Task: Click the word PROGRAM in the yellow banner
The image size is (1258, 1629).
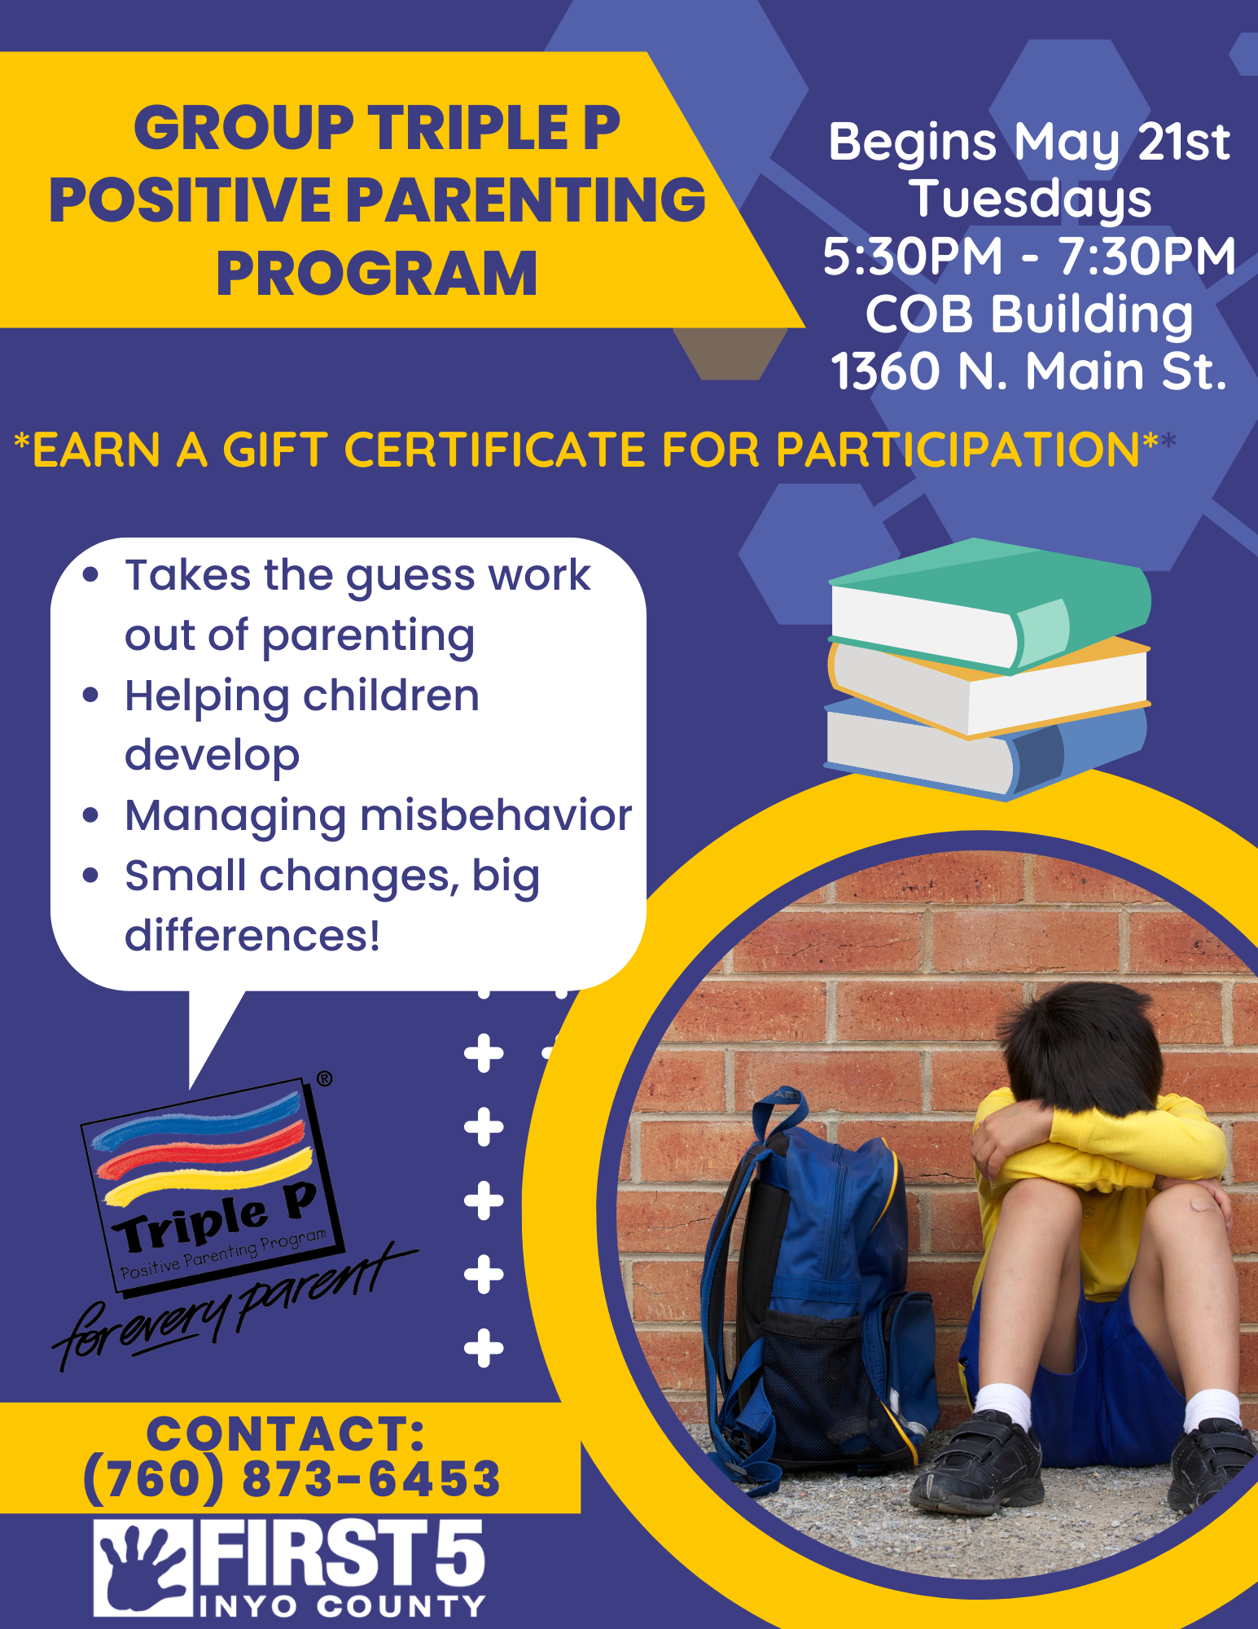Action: pos(376,274)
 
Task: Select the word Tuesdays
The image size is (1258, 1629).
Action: pos(1030,200)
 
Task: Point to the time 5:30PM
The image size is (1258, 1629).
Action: pos(913,256)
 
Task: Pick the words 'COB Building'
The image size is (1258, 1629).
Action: pos(1029,315)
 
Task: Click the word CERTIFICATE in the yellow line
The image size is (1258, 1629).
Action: pos(496,450)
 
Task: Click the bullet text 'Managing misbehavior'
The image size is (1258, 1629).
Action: pos(378,816)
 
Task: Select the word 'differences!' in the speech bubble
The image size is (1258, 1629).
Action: pos(252,935)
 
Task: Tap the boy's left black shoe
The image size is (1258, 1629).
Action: pos(977,1462)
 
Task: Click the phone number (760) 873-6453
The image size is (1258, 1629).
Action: pos(291,1479)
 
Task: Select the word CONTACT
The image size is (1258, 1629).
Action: pos(285,1434)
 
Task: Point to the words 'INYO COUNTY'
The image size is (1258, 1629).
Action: pos(342,1606)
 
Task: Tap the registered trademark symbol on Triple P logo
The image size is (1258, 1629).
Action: pos(324,1079)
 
